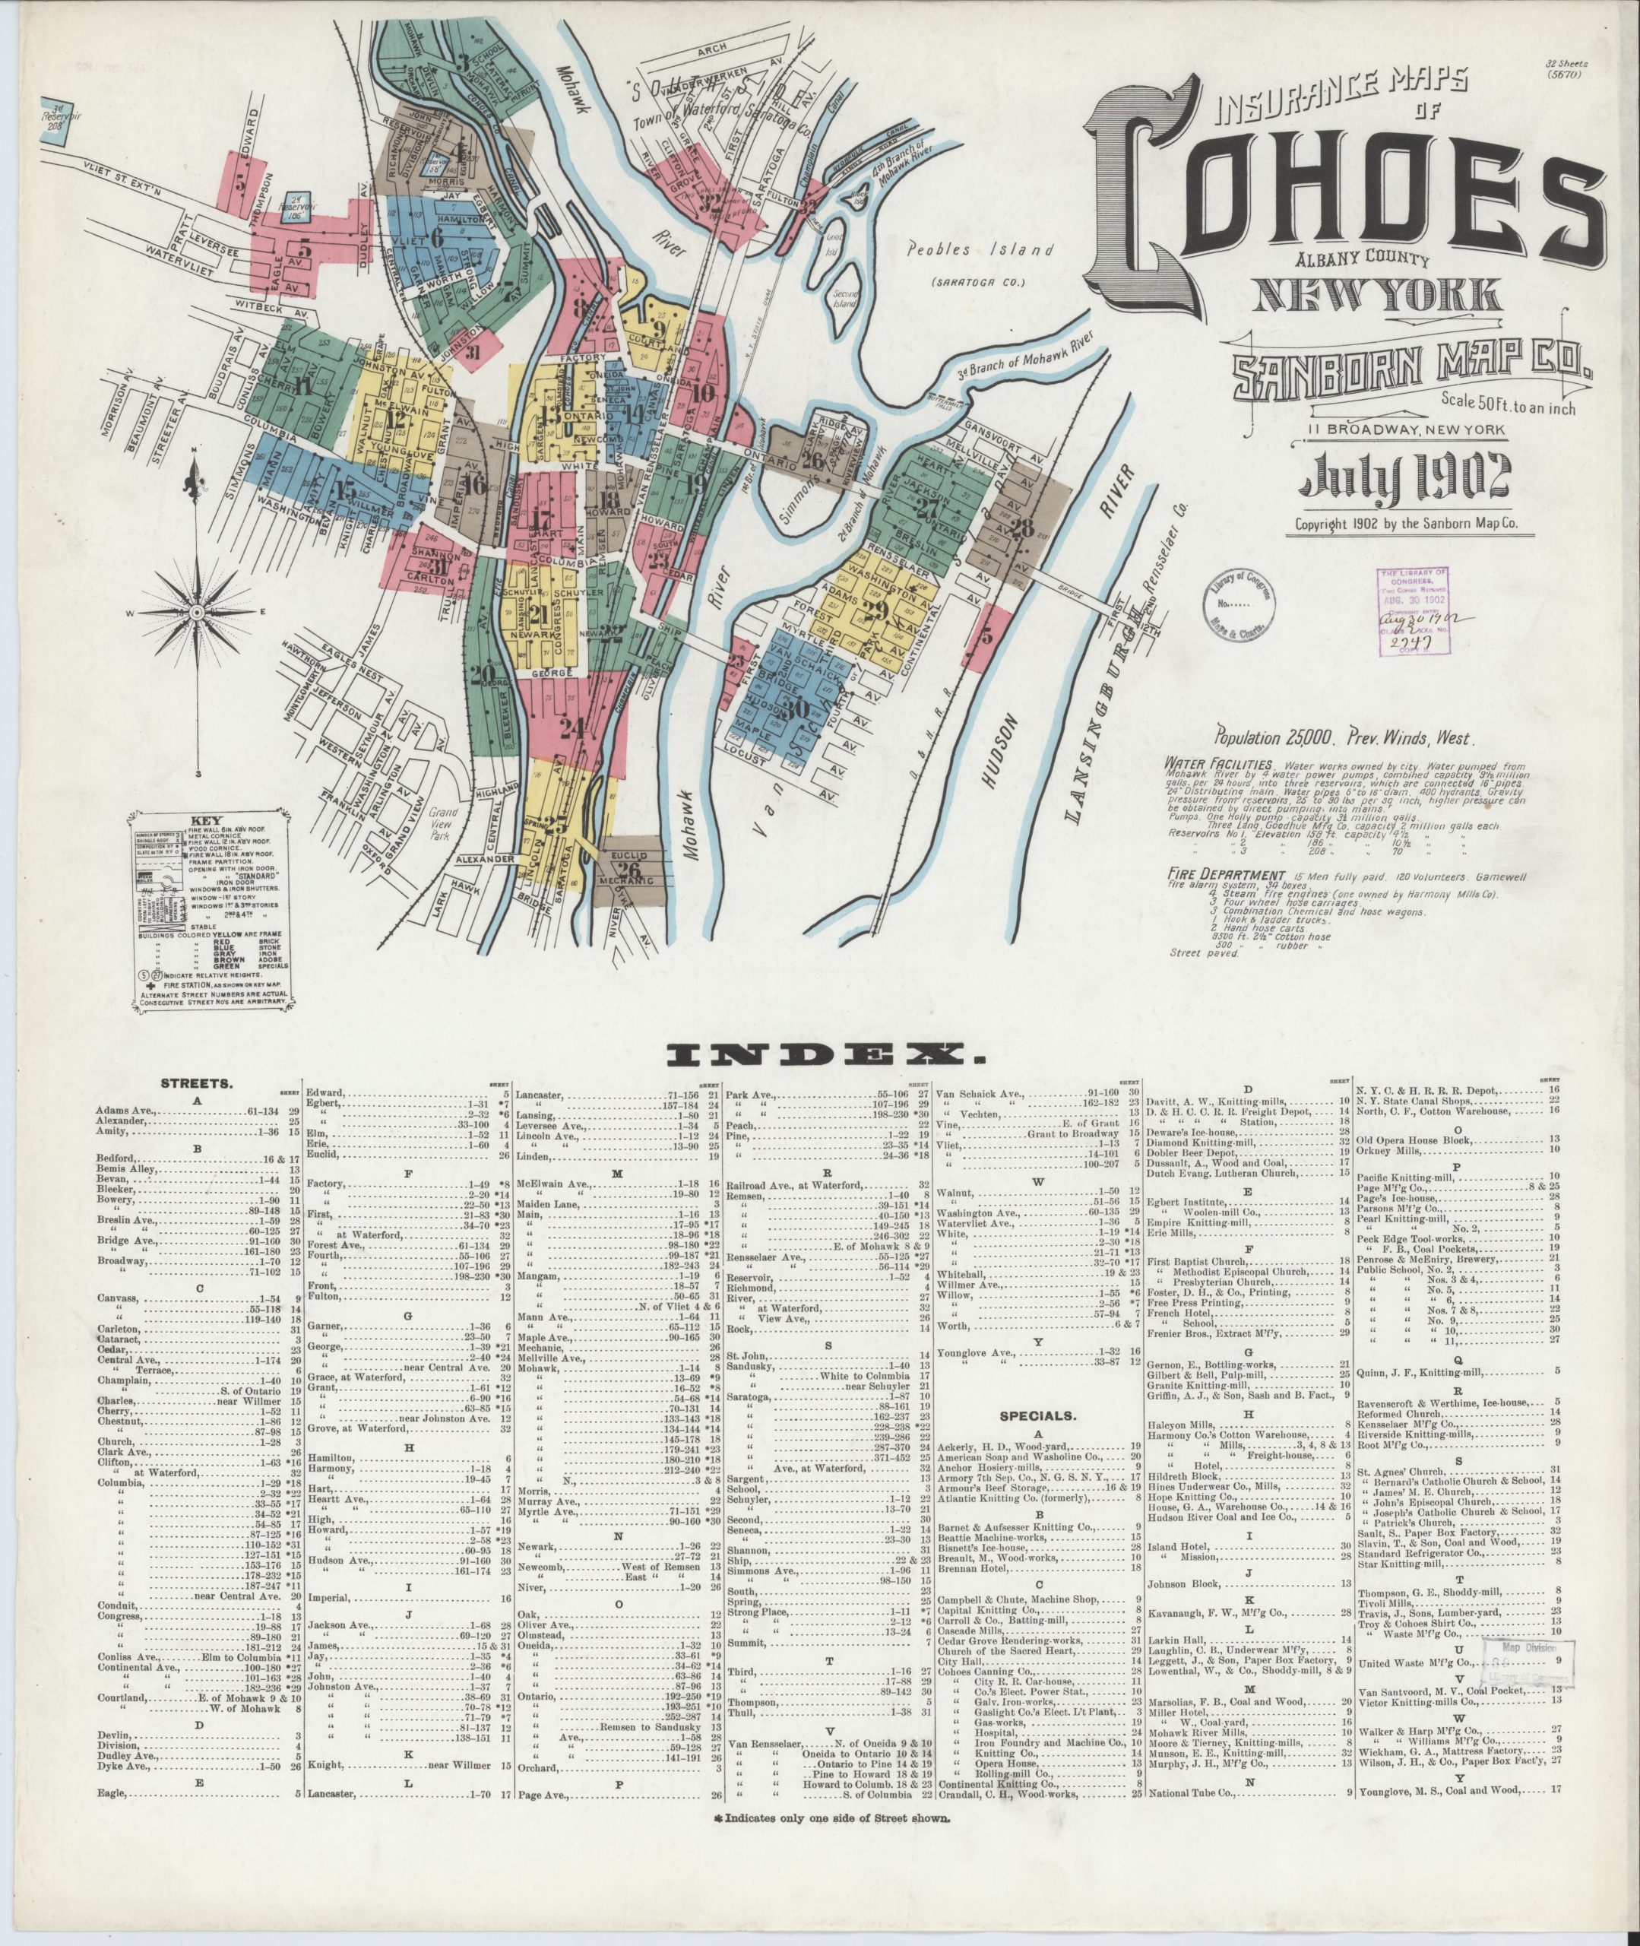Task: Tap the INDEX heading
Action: [x=819, y=1054]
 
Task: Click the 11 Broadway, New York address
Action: [x=1401, y=429]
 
